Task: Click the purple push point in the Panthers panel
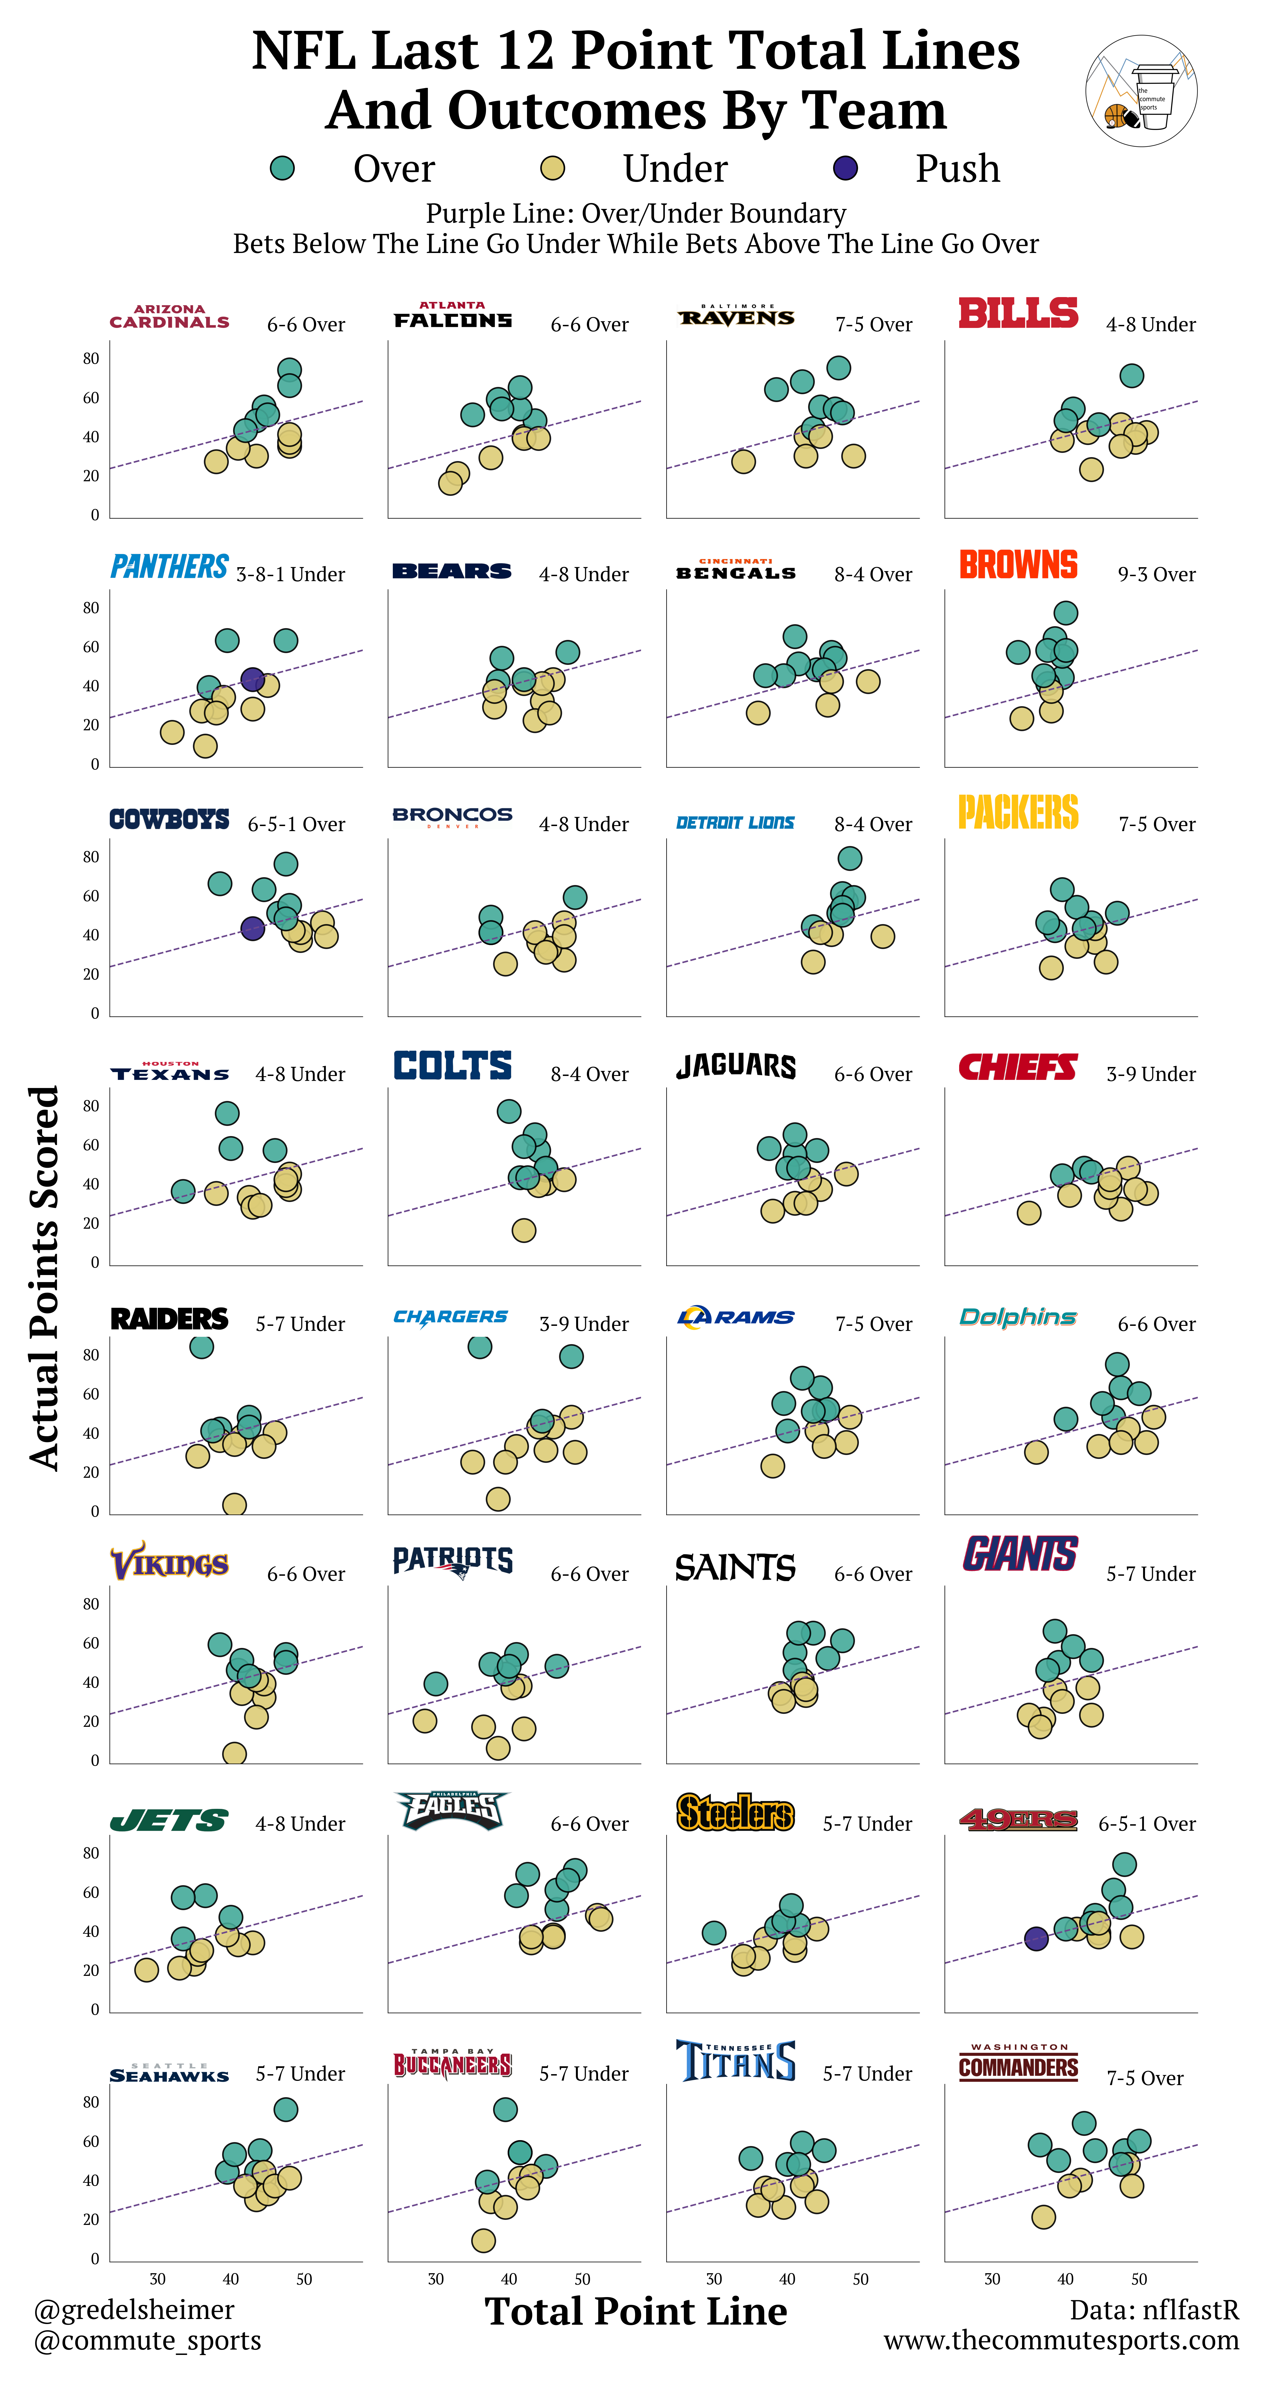point(252,679)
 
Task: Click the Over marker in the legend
point(282,168)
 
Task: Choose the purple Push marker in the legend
point(845,168)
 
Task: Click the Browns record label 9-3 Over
point(1156,574)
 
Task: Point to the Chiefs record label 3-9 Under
point(1151,1074)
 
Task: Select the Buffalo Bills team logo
point(1018,314)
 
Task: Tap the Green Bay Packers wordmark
point(1018,812)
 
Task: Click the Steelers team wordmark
point(735,1812)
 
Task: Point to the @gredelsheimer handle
point(134,2310)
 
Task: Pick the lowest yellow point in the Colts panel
point(523,1230)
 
